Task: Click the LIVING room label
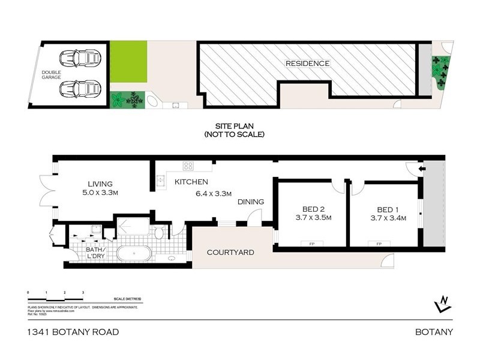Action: click(x=100, y=184)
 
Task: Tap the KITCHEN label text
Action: click(x=191, y=182)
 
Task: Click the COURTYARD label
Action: click(x=230, y=253)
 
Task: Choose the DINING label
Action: click(x=251, y=202)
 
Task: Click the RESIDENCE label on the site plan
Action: click(x=307, y=63)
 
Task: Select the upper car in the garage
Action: click(x=80, y=59)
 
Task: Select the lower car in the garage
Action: click(x=80, y=89)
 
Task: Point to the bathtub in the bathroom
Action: click(x=137, y=253)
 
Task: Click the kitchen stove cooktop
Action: click(x=188, y=166)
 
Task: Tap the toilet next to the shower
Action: click(x=159, y=232)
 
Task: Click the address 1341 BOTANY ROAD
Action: click(x=73, y=332)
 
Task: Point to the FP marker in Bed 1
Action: click(x=379, y=244)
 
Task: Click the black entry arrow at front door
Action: click(x=421, y=170)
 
